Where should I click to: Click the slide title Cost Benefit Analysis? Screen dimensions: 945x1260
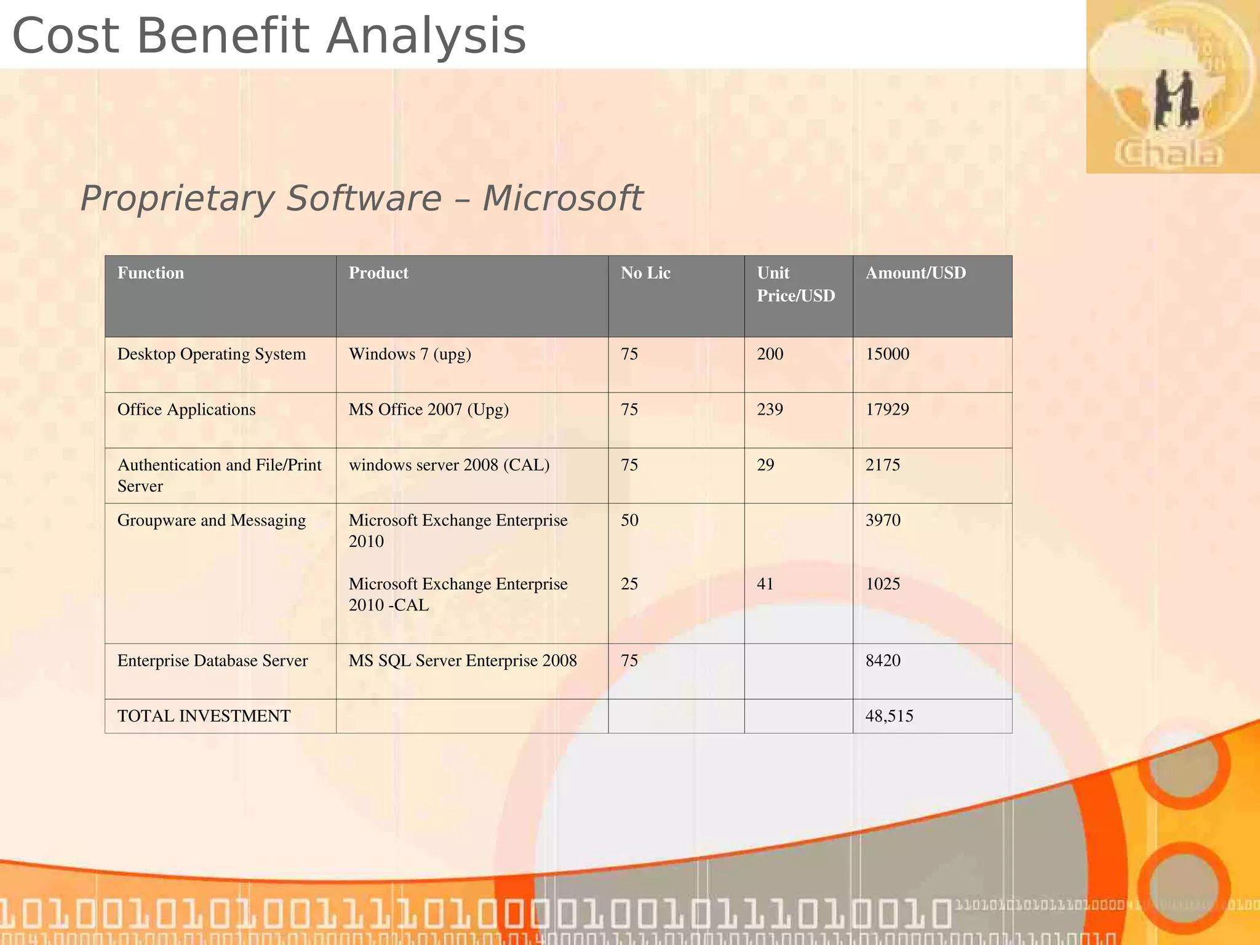click(x=269, y=36)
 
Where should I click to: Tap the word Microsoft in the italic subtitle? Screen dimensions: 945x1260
click(x=562, y=198)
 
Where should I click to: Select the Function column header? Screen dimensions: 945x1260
click(x=151, y=273)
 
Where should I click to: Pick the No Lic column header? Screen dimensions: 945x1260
click(x=645, y=273)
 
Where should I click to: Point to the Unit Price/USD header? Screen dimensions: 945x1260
click(x=795, y=284)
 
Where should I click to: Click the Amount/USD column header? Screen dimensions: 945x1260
click(x=915, y=273)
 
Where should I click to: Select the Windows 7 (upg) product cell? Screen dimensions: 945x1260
click(x=410, y=354)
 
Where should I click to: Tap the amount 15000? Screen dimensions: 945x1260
click(x=887, y=354)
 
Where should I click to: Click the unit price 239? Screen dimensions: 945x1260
click(x=770, y=409)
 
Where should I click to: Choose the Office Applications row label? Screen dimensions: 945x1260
click(x=186, y=409)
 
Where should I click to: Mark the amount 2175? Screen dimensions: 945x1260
click(x=883, y=465)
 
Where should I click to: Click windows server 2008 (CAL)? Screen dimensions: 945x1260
click(x=449, y=465)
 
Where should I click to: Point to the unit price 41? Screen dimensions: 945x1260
click(x=765, y=583)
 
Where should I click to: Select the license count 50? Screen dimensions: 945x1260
click(x=629, y=520)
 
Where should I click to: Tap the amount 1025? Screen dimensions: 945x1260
click(x=883, y=583)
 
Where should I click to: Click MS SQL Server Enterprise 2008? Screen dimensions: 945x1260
click(x=463, y=660)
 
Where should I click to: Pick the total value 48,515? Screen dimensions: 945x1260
click(x=889, y=716)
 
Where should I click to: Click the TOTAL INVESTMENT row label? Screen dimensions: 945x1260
click(x=204, y=716)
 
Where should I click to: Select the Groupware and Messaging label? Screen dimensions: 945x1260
click(x=212, y=520)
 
